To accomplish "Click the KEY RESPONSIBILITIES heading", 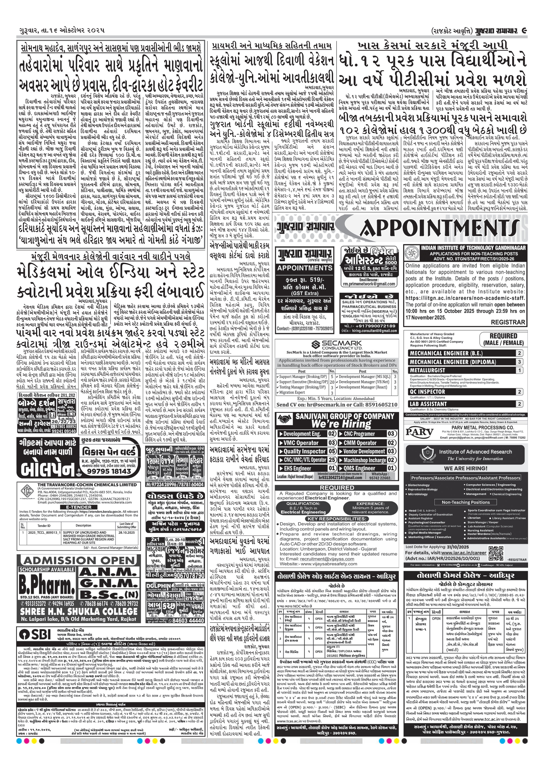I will pos(337,519).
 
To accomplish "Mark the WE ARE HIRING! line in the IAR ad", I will pos(466,468).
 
